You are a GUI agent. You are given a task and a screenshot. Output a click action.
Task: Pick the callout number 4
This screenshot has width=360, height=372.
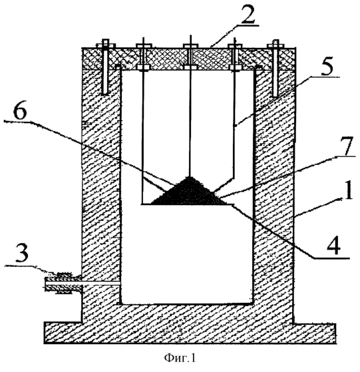(x=333, y=246)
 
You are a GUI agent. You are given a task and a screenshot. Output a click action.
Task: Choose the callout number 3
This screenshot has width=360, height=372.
(x=21, y=253)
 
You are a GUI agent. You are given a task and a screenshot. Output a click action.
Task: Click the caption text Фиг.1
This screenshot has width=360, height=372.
(x=180, y=357)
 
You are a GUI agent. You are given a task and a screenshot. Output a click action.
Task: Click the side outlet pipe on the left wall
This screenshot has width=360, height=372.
(x=63, y=283)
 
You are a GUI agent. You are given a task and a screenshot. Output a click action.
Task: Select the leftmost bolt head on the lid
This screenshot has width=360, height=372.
(x=106, y=45)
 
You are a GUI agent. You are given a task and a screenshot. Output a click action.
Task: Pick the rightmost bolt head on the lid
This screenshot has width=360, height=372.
(x=275, y=45)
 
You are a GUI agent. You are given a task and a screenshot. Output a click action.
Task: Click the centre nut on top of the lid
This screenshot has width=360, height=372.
(x=190, y=45)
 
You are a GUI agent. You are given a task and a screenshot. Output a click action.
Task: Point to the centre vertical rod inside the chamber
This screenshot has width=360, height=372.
(x=190, y=106)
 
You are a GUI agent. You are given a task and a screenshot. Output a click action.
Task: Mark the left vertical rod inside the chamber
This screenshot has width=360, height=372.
(x=143, y=121)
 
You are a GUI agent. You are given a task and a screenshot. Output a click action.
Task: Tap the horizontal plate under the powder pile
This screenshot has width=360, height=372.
(x=188, y=204)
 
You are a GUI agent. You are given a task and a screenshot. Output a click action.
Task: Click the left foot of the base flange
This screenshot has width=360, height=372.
(x=63, y=333)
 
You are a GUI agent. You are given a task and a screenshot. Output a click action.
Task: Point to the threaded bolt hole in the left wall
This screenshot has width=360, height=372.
(x=105, y=82)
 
